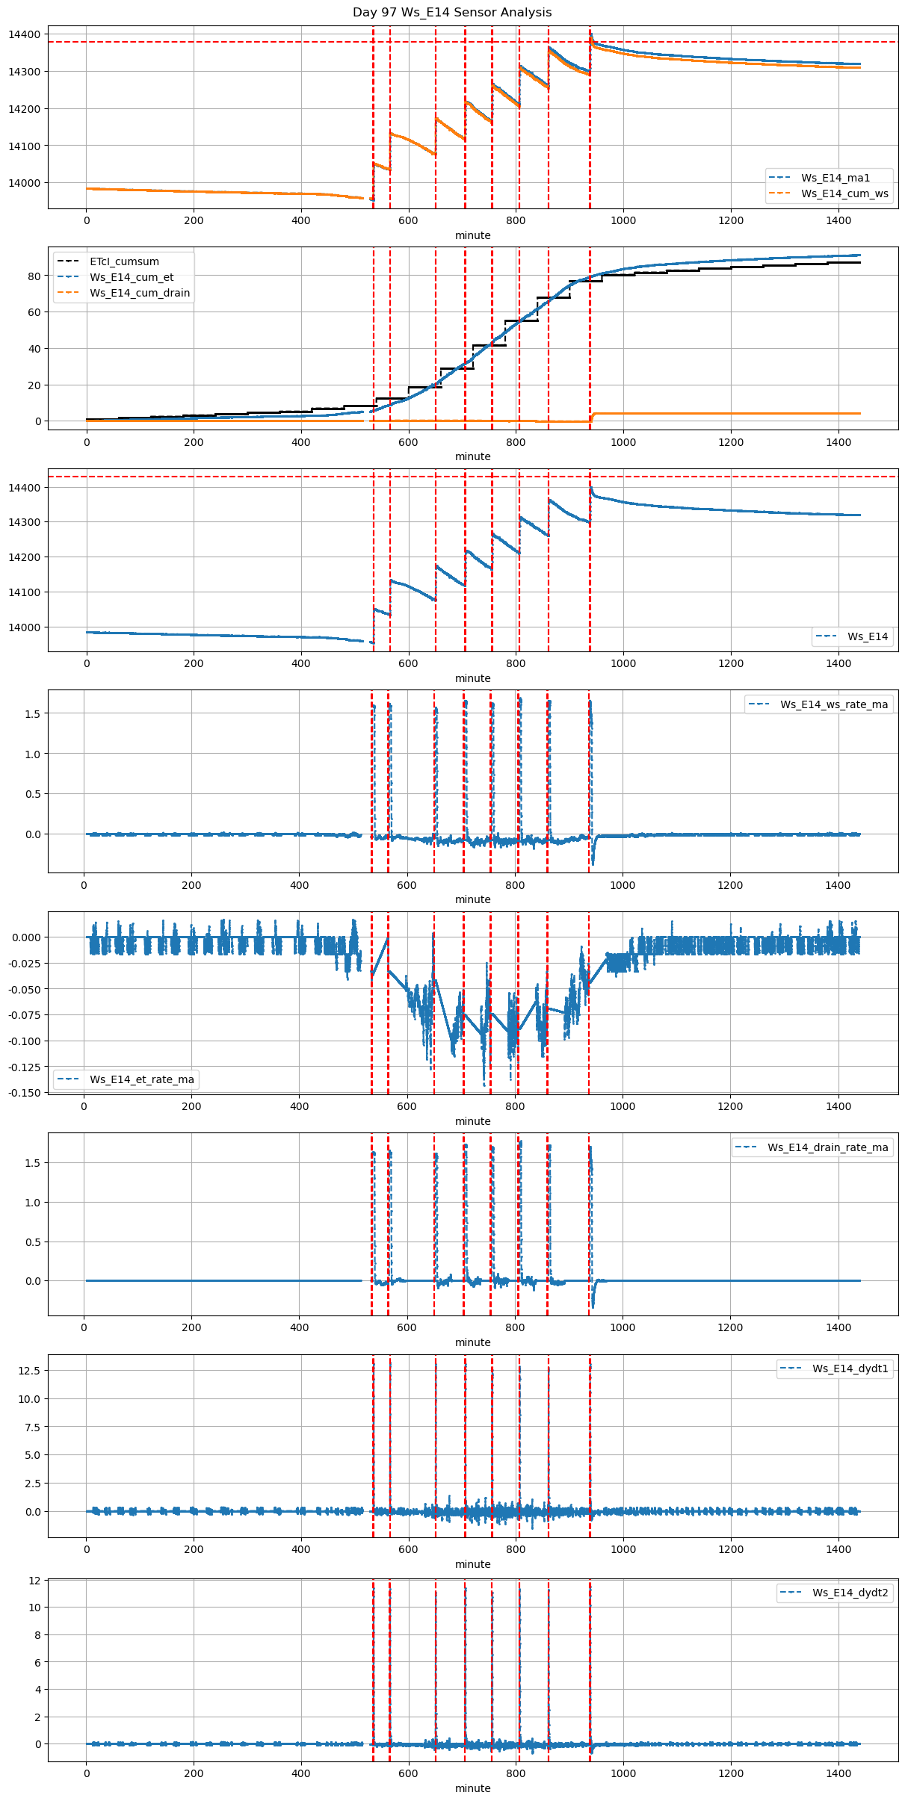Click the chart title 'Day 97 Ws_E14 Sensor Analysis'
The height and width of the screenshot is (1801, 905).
tap(452, 13)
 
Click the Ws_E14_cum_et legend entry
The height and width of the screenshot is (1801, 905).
tap(132, 277)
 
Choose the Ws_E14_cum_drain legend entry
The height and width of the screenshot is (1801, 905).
tap(140, 293)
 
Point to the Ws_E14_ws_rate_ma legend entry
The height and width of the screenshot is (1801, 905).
tap(834, 704)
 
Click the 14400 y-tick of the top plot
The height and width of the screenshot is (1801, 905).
tap(25, 34)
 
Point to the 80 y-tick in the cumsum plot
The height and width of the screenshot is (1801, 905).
tap(34, 276)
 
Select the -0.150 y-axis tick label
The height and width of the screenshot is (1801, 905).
tap(24, 1092)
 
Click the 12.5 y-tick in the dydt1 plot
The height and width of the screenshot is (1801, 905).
tap(30, 1371)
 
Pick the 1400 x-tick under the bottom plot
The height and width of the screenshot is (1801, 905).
tap(838, 1773)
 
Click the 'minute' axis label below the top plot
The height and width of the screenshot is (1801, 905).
tap(473, 235)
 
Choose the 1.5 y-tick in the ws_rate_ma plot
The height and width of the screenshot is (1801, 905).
tap(31, 713)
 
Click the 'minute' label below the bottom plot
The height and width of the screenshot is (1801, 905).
tap(473, 1788)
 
